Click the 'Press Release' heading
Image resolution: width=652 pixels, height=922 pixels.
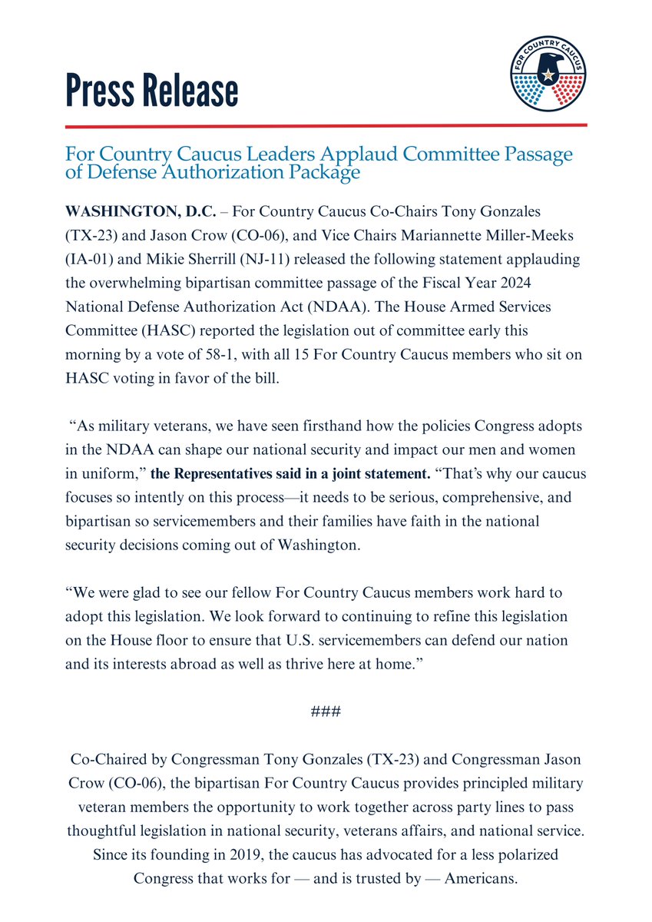151,90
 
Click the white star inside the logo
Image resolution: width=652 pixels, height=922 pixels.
548,75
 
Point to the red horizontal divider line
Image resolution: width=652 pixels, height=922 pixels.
326,124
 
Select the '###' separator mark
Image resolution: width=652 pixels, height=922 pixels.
326,712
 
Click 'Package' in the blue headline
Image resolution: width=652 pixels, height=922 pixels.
323,173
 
